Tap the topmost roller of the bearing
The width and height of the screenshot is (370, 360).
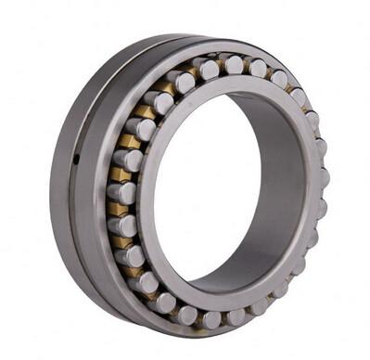[235, 64]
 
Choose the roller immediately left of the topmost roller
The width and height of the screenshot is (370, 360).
[208, 68]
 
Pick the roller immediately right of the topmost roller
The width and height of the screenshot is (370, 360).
[258, 68]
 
